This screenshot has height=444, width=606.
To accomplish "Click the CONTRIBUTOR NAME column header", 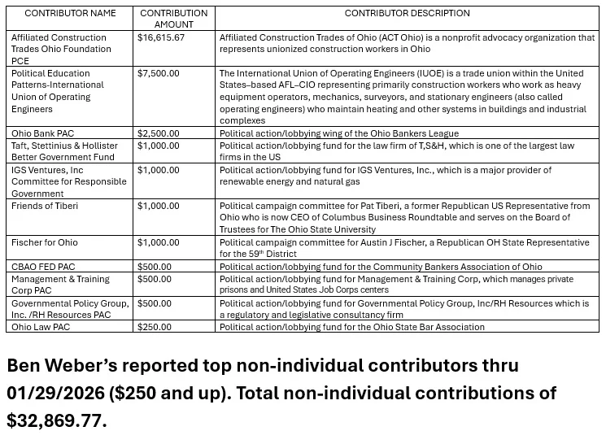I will (70, 13).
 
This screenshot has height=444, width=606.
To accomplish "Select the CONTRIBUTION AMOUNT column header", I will (173, 19).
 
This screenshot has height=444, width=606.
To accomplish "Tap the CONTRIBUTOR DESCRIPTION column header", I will (407, 13).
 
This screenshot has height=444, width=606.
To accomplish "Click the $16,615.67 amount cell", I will (161, 37).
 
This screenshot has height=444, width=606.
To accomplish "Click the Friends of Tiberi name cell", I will (44, 207).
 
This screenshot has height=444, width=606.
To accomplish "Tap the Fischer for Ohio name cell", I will (45, 242).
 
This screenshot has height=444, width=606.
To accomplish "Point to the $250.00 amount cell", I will (155, 327).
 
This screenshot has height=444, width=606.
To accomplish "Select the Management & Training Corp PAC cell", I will (61, 285).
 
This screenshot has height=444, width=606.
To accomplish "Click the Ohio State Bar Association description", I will (351, 327).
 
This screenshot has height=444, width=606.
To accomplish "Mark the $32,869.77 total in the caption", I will (55, 421).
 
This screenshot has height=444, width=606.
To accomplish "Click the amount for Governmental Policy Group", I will (155, 303).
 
